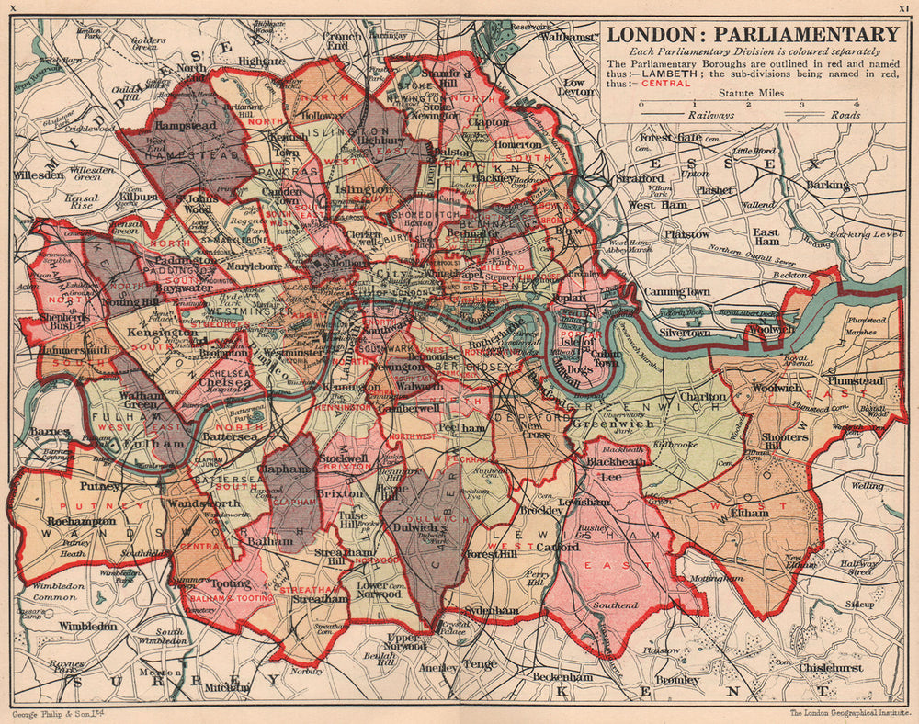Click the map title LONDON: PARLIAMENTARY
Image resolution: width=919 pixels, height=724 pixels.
(753, 35)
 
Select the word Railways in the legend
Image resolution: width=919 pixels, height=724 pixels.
(710, 117)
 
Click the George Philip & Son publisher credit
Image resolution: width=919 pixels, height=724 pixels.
(54, 714)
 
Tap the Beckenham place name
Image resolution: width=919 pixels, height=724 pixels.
(562, 677)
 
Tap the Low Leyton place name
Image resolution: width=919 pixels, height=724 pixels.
(578, 87)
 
